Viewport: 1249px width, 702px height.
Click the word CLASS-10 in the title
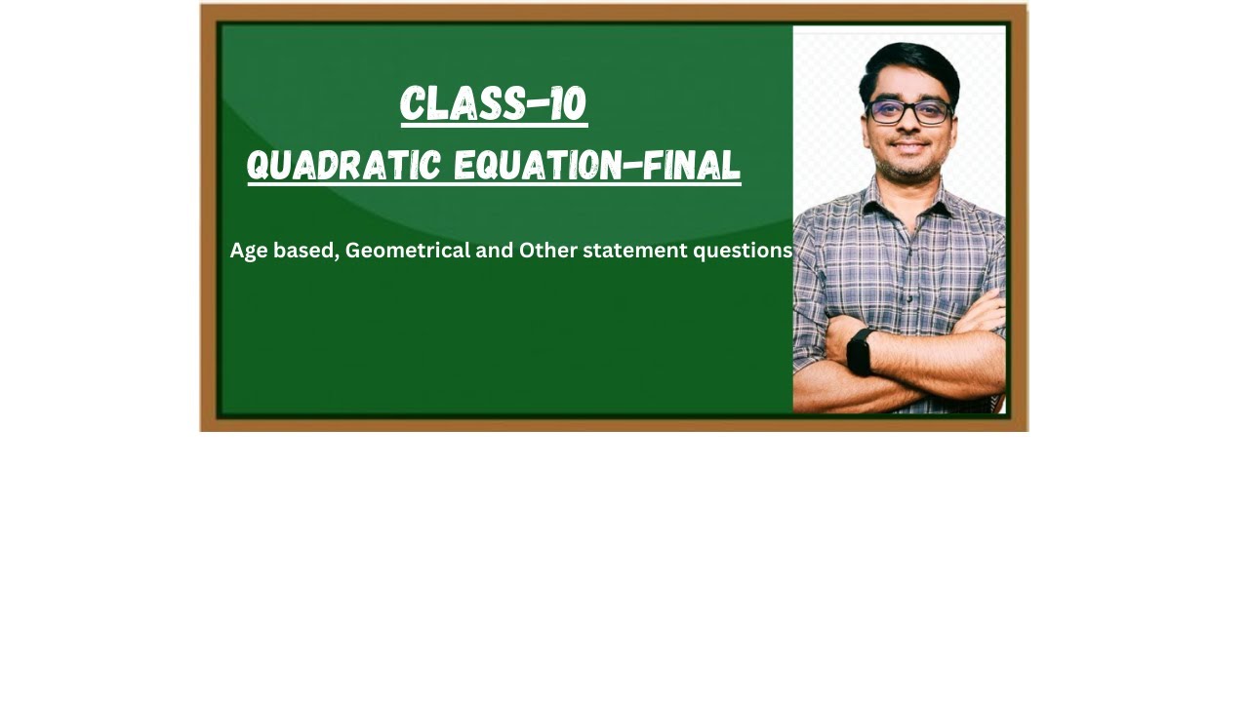click(493, 103)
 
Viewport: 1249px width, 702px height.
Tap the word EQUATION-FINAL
click(597, 166)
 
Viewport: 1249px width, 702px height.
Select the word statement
click(634, 251)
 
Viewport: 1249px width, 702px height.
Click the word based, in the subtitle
click(305, 251)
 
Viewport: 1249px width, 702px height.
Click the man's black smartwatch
click(860, 351)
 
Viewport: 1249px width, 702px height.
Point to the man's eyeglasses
click(909, 111)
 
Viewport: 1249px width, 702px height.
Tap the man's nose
click(909, 127)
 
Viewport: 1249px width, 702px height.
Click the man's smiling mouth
click(909, 145)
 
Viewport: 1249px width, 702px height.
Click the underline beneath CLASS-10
click(493, 125)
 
